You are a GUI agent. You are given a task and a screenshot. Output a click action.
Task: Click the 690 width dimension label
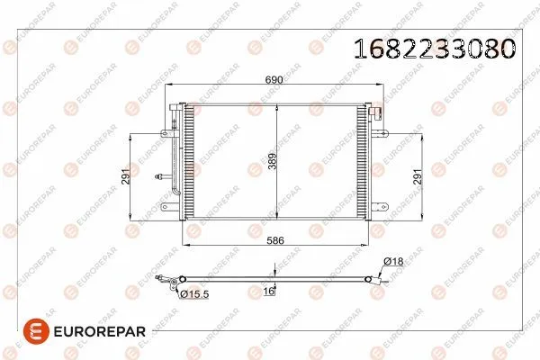274,79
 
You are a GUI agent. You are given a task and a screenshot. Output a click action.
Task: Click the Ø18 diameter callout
393,261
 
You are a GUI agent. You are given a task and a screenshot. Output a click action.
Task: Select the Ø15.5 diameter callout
195,294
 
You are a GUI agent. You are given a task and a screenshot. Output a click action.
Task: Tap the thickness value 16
267,292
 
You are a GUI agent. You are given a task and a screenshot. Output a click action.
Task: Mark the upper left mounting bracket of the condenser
167,133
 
